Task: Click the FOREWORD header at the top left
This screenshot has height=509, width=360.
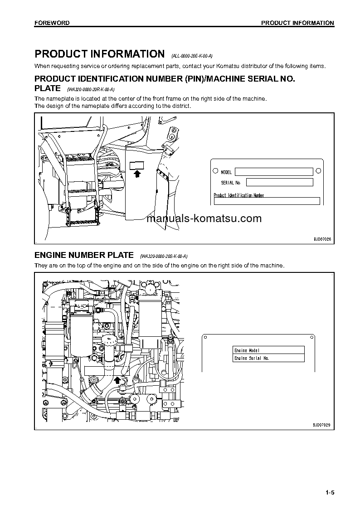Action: point(52,23)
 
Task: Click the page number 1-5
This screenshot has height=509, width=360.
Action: point(329,493)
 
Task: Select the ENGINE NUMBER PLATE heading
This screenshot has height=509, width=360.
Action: point(84,255)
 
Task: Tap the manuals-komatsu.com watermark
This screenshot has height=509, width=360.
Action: point(204,218)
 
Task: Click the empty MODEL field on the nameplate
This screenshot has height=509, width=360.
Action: point(273,172)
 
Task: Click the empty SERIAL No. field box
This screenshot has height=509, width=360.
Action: point(279,182)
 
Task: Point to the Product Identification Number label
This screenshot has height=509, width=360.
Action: point(238,195)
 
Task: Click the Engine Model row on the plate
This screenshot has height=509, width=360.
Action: point(268,350)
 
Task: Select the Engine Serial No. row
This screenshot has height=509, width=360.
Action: point(268,358)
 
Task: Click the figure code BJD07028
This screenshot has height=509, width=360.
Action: point(322,238)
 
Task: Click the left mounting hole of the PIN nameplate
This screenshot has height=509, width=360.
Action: point(215,171)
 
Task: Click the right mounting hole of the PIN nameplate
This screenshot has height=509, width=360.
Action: point(318,171)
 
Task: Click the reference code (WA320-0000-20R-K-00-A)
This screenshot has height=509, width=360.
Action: point(91,89)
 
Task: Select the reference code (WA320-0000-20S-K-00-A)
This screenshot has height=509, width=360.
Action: point(164,257)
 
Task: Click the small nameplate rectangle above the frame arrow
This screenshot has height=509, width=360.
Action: point(136,165)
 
